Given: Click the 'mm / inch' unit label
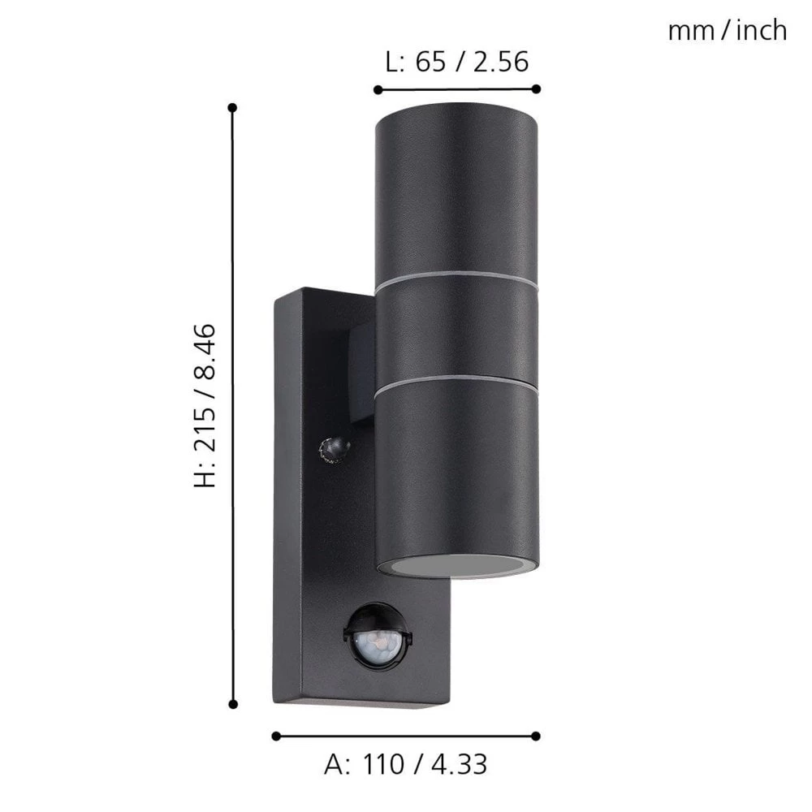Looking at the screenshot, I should pyautogui.click(x=727, y=31).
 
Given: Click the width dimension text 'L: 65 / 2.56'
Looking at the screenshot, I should pyautogui.click(x=457, y=62).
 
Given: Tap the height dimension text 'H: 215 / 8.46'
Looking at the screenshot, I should pyautogui.click(x=205, y=405).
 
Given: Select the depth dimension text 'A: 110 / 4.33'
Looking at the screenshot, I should pyautogui.click(x=406, y=764).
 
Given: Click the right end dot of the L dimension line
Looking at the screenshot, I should pyautogui.click(x=537, y=89).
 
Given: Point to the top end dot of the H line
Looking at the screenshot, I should pyautogui.click(x=233, y=107).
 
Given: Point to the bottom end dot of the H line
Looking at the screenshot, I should pyautogui.click(x=233, y=705).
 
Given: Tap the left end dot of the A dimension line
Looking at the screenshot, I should pyautogui.click(x=276, y=736).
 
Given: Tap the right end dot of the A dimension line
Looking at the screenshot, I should pyautogui.click(x=537, y=736).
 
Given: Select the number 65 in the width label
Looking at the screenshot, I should pyautogui.click(x=431, y=62).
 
